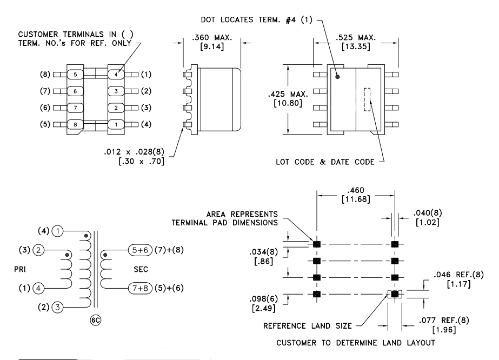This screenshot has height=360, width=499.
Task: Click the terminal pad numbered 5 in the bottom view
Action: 75,75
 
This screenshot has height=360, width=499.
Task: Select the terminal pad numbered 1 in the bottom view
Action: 116,124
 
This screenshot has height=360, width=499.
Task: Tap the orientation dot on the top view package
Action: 337,77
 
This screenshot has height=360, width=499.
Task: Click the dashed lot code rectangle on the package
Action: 367,99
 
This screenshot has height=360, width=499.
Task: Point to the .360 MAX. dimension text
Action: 211,37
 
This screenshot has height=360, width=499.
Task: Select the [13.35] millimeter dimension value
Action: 356,46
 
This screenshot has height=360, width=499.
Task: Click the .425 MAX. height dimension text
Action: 288,94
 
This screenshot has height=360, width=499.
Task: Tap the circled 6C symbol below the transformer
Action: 96,320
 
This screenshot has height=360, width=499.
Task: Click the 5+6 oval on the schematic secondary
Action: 141,250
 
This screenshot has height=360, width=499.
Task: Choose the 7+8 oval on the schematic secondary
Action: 141,288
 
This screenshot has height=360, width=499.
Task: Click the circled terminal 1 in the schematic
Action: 58,231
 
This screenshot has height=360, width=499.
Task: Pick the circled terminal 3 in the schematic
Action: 58,307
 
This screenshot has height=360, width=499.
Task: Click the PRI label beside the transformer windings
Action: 19,269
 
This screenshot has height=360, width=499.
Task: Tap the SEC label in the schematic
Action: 141,269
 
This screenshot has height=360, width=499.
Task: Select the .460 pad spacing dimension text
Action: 356,190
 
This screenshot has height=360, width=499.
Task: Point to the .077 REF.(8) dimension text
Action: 444,320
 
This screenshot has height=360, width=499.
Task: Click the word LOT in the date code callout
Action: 282,162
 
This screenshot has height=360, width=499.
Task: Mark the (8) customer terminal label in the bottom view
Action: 45,75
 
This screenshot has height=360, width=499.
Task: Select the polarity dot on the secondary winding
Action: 105,255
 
